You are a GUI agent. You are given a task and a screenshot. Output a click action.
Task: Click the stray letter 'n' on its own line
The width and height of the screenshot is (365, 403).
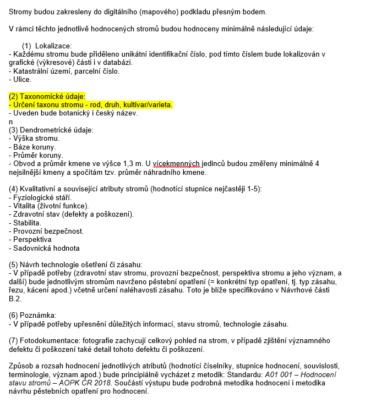coord(11,122)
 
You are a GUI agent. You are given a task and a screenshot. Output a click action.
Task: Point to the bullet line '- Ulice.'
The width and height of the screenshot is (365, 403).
coord(20,79)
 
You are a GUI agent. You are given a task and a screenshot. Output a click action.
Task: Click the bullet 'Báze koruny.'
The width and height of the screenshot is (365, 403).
coord(34,147)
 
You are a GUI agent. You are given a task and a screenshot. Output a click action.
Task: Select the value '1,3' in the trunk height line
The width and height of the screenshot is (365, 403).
coord(129,164)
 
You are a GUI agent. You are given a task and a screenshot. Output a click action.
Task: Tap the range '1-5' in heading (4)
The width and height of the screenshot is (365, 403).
coord(255,189)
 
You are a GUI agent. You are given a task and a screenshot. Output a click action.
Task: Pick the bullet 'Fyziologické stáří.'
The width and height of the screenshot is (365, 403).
coord(46,198)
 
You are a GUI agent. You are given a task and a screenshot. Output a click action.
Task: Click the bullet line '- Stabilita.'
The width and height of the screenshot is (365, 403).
coord(25,223)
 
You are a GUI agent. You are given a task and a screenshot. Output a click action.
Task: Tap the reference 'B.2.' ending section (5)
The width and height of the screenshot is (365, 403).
coord(16,299)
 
